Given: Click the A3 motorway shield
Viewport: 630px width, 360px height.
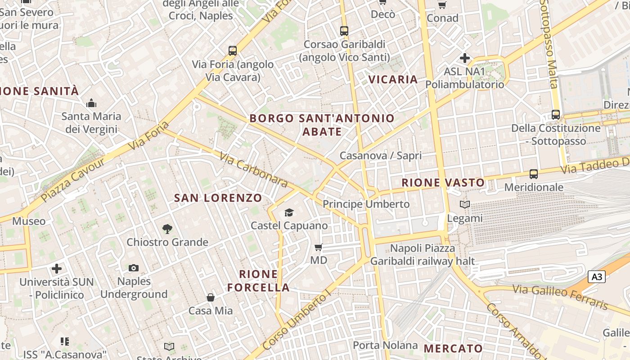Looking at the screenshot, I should (597, 277).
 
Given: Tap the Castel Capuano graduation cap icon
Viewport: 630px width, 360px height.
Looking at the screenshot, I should (289, 212).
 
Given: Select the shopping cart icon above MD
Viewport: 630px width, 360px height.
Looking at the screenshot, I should (319, 247).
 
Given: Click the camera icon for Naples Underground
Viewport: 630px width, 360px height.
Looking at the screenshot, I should (134, 268).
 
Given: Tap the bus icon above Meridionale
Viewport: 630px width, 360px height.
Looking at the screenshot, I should (534, 174).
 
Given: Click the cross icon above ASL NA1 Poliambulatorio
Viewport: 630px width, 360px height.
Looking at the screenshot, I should (465, 58).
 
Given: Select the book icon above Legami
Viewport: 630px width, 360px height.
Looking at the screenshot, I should (465, 205).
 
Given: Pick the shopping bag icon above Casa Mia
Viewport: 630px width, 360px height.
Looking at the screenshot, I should (210, 297).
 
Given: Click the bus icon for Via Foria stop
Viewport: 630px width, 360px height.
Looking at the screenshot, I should (233, 51).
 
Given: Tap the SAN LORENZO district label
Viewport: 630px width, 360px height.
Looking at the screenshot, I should (218, 198).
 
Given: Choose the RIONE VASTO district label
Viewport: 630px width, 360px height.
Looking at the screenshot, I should (443, 183).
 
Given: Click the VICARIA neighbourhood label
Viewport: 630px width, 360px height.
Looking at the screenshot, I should (393, 80).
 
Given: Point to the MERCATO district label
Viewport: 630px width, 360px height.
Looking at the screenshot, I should (453, 348).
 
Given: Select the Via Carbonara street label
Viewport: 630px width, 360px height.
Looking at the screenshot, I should (253, 170).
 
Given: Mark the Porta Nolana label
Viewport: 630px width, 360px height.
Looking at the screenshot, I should (385, 345).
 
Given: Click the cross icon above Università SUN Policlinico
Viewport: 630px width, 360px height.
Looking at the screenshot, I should (57, 269).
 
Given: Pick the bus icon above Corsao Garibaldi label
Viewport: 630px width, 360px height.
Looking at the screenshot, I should (344, 31).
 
